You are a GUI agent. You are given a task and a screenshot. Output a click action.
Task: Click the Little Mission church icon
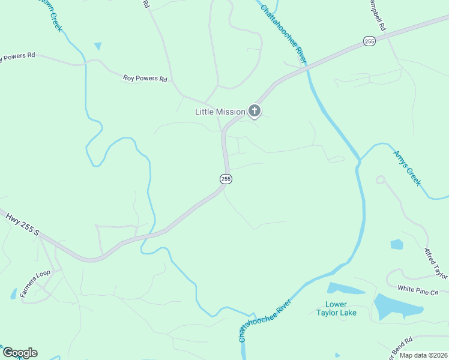click(255, 110)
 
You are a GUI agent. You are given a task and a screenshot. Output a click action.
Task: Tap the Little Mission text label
click(220, 112)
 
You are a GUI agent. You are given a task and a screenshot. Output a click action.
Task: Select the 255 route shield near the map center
click(226, 179)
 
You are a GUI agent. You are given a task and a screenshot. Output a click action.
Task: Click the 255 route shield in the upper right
click(369, 41)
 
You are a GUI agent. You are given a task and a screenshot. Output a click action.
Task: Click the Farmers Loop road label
click(34, 284)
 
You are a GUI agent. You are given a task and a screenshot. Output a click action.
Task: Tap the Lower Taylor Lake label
click(337, 308)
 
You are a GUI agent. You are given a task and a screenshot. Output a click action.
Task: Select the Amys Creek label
click(407, 167)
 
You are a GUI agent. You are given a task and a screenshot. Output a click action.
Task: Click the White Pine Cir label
click(418, 291)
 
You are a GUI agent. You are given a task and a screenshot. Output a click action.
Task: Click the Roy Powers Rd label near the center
click(145, 78)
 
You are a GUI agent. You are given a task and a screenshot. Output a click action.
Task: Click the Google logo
click(20, 353)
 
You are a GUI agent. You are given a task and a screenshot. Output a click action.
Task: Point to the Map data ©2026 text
click(423, 355)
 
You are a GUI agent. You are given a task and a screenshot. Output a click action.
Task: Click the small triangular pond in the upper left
click(98, 46)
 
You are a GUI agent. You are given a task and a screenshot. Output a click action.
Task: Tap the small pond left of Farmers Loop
click(13, 293)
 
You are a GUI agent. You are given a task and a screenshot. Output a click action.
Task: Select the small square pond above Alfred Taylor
click(397, 244)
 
